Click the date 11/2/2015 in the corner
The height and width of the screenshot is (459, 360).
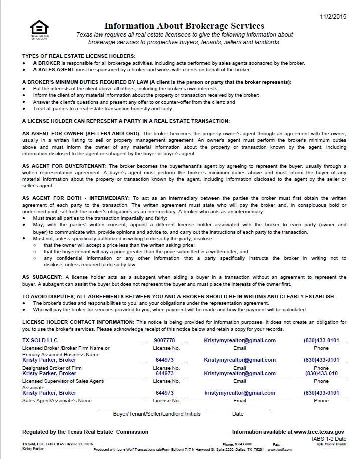pos(333,17)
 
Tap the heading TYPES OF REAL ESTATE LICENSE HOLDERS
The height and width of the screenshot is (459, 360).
pos(79,56)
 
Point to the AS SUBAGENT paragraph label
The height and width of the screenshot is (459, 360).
pos(42,277)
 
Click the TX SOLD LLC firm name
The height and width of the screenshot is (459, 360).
pos(40,340)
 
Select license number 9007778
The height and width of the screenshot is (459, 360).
pos(165,340)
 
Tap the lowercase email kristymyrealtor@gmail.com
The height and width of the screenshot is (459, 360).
pos(240,393)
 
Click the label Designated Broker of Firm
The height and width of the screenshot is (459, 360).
pos(52,368)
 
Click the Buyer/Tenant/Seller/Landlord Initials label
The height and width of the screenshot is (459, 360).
pos(156,414)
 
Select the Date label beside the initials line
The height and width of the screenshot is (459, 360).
pos(238,414)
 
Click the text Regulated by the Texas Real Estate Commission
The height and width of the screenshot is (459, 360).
pos(85,432)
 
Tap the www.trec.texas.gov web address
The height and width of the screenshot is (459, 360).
pos(319,432)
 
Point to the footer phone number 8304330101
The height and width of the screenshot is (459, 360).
pos(244,444)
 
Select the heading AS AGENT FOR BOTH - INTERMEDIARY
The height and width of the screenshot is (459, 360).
pos(76,198)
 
